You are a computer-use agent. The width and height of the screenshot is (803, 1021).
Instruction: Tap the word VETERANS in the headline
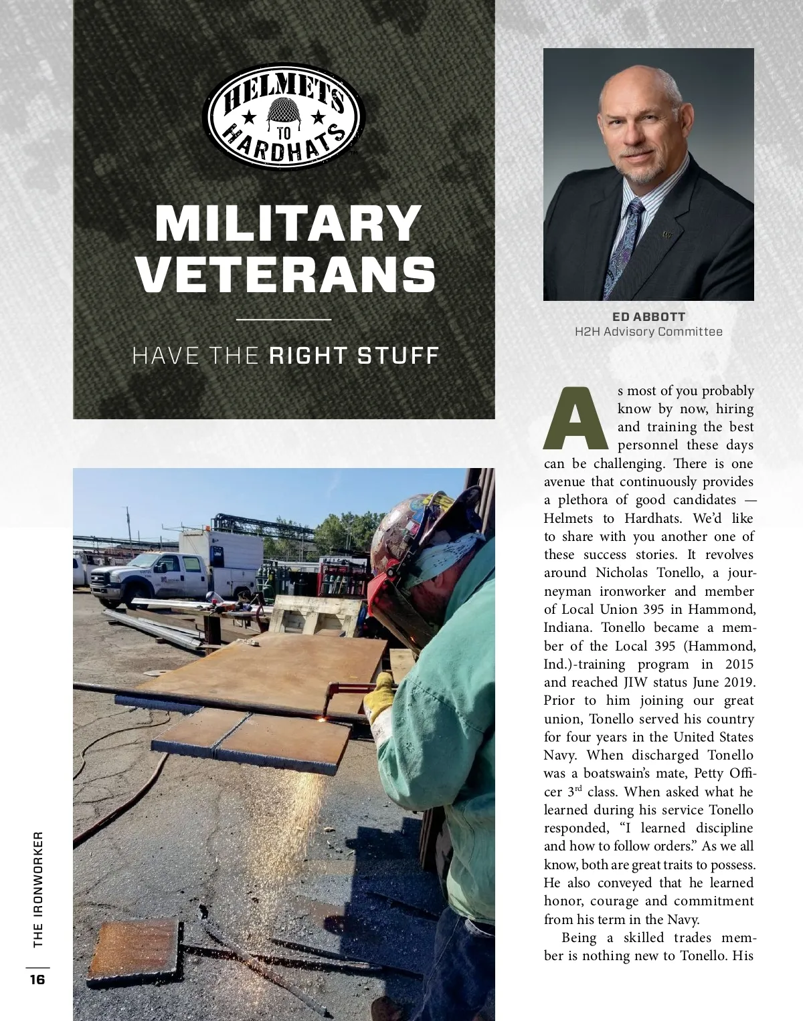(x=287, y=273)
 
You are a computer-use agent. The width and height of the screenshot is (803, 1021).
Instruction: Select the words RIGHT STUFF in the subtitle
(x=353, y=355)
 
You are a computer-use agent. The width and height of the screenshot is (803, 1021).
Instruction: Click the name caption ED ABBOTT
(x=648, y=316)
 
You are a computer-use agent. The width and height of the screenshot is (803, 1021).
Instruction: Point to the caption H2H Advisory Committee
(x=648, y=332)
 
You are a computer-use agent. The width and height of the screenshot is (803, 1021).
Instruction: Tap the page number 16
(x=37, y=980)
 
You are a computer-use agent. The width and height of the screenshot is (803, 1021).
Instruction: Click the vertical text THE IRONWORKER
(x=37, y=889)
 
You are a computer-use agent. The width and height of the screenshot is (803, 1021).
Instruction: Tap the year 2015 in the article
(x=739, y=664)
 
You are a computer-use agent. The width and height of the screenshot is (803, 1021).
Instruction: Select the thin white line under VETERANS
(x=284, y=320)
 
